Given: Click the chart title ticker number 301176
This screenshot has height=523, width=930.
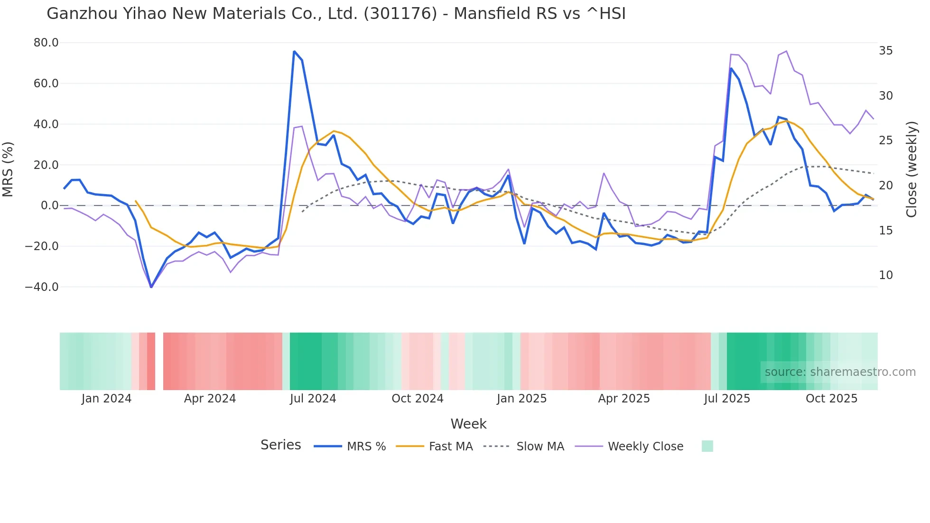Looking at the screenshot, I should click(x=400, y=14).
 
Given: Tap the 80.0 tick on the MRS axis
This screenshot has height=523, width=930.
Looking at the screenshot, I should click(x=46, y=43).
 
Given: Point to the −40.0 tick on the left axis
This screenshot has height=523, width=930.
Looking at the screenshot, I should click(x=42, y=287).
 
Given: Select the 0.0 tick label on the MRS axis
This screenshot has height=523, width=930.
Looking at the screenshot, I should click(x=49, y=205).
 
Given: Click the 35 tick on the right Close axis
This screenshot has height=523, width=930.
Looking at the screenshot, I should click(x=885, y=51).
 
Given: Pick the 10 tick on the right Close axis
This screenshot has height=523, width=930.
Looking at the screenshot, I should click(x=885, y=275).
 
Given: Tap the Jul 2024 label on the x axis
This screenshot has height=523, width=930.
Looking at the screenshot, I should click(x=313, y=399).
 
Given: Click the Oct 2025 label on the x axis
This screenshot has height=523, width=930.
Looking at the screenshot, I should click(x=831, y=399).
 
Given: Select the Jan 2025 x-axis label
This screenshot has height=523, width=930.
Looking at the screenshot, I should click(x=521, y=399).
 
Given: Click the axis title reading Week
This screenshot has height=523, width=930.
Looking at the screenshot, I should click(x=468, y=424).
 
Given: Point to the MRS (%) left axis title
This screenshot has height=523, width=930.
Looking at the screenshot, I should click(x=8, y=169).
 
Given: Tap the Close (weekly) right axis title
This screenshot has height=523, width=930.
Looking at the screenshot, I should click(x=911, y=169).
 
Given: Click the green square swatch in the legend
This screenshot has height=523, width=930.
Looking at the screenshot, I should click(x=707, y=446).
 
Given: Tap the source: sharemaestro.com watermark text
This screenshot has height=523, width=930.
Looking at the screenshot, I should click(x=840, y=372).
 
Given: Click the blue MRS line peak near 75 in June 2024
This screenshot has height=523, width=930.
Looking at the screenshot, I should click(x=294, y=51).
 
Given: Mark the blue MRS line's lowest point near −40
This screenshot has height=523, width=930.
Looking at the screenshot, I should click(x=151, y=287).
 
